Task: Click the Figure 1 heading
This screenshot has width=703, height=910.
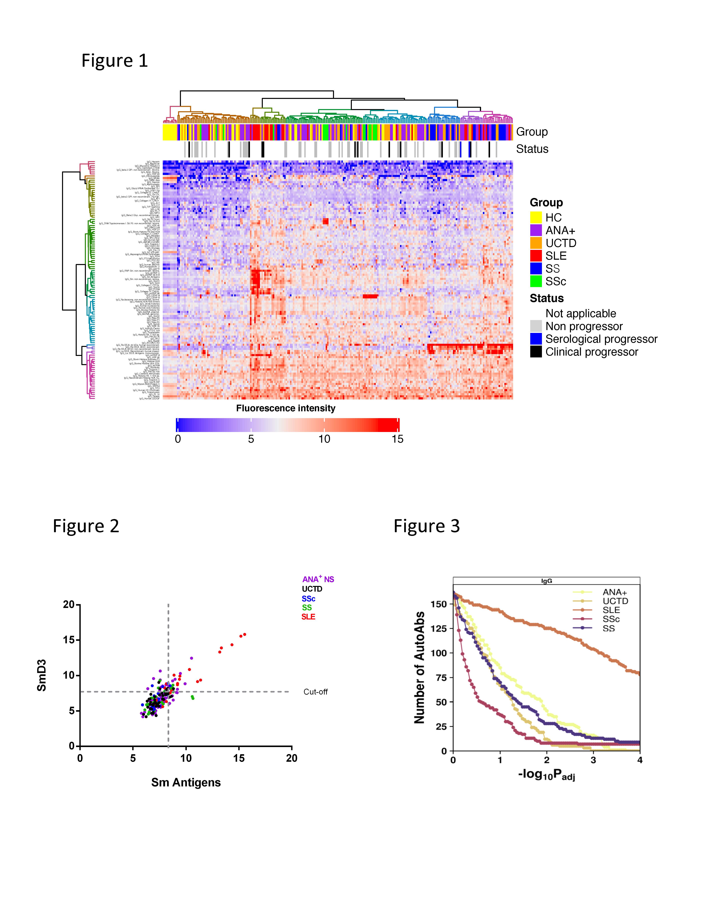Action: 115,61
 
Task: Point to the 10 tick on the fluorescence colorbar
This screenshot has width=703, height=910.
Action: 324,439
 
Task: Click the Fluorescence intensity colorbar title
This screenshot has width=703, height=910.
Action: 286,408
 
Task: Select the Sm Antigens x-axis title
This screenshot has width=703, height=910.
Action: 186,783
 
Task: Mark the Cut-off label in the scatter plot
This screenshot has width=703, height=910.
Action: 315,692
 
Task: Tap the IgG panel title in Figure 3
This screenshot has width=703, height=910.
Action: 546,581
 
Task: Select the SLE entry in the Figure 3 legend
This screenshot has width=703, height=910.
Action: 611,610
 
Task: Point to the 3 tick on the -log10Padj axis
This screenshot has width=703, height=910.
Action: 593,760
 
